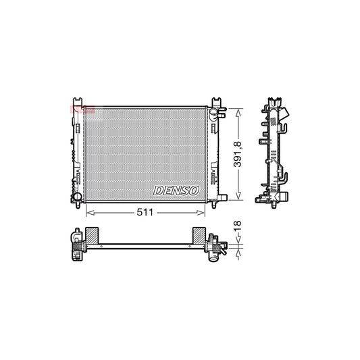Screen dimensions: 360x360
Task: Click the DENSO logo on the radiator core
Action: pos(176,191)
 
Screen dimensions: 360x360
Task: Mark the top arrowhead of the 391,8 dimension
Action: pos(237,107)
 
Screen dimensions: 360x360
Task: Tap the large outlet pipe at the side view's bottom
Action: pos(284,197)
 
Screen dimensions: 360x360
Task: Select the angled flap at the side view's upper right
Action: pos(288,116)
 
